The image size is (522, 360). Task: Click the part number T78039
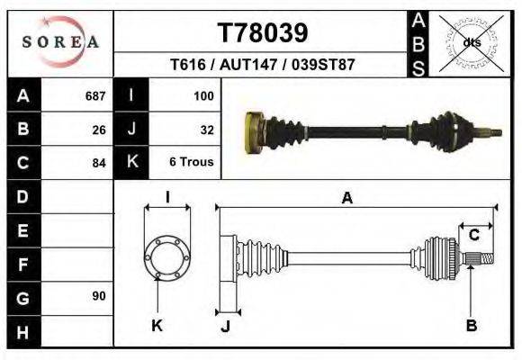263,32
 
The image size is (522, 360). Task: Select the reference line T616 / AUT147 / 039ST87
262,66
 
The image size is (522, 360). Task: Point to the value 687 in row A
94,95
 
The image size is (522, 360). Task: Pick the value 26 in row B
98,129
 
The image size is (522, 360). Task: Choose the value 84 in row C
98,163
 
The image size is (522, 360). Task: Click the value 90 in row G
98,296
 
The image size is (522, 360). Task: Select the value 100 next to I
202,95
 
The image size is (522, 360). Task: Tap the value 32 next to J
206,129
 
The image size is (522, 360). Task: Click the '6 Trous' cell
190,163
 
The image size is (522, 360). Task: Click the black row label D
22,196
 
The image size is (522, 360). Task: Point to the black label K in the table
132,162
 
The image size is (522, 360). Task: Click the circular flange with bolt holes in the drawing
167,258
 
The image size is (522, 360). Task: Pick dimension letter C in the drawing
473,235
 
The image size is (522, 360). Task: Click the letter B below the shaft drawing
470,326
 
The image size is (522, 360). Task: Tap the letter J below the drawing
225,327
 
